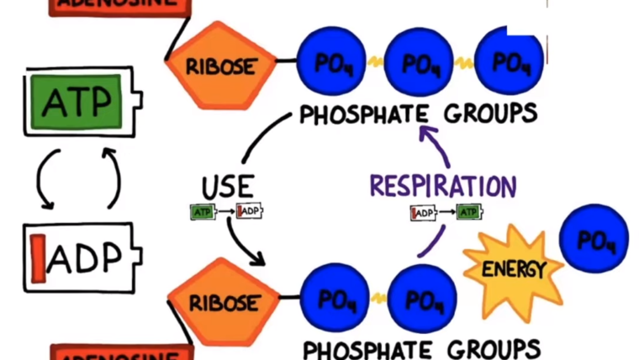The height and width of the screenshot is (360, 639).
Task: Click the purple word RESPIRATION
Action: click(x=442, y=186)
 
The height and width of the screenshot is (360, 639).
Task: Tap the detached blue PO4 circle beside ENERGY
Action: click(x=594, y=241)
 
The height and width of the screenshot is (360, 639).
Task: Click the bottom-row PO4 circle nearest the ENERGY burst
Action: click(x=422, y=299)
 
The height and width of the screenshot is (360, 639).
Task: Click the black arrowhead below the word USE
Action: click(x=257, y=257)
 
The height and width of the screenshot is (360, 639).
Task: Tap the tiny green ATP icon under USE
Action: click(x=203, y=212)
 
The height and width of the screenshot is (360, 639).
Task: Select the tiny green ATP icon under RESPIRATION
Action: click(x=469, y=212)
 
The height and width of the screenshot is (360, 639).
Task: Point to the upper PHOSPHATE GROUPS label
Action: click(x=418, y=114)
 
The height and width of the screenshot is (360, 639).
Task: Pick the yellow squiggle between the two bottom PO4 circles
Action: click(x=378, y=299)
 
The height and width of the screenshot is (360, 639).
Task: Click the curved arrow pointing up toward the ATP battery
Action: click(x=110, y=177)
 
